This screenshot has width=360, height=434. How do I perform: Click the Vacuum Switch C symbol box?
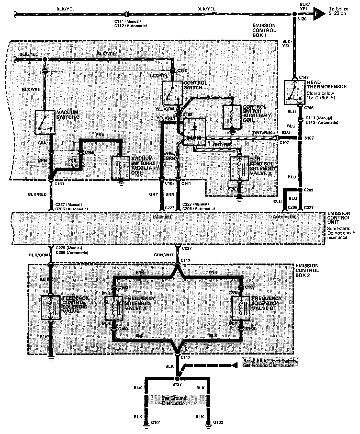[45, 122]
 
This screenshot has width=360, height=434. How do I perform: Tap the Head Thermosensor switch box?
[294, 92]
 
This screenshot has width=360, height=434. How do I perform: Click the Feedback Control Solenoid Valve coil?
[50, 307]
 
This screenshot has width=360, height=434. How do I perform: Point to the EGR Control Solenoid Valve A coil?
[240, 168]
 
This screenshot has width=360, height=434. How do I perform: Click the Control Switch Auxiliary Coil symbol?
[232, 117]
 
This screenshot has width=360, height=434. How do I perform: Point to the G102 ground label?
[218, 422]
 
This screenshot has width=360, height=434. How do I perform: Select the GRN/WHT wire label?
[164, 255]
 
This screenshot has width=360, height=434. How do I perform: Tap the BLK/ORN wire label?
[38, 255]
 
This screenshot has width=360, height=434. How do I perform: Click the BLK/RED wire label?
[37, 195]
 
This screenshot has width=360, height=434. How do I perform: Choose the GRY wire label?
[154, 194]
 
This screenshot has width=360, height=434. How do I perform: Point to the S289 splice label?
[308, 190]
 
